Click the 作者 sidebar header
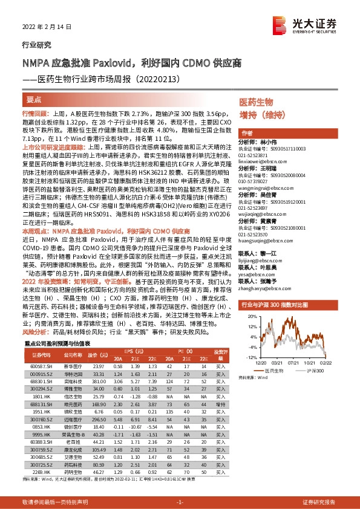pyautogui.click(x=247, y=133)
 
